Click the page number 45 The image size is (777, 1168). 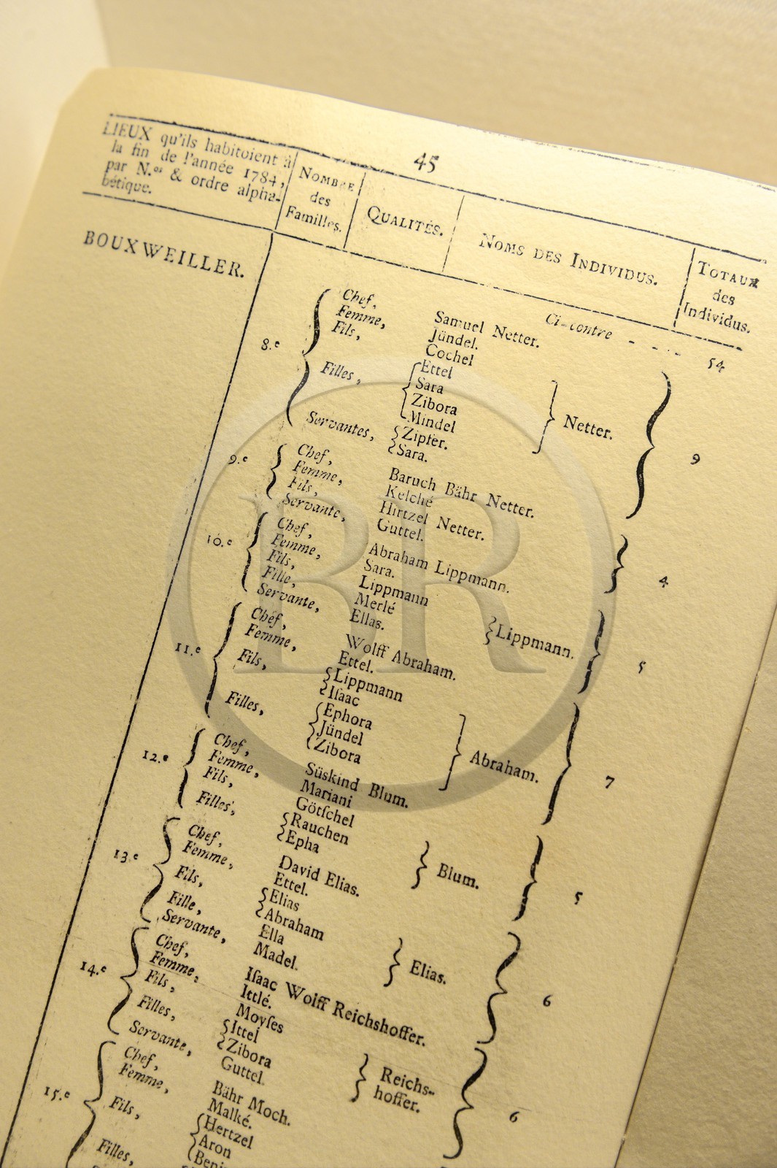[425, 162]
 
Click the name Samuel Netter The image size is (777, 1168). [487, 329]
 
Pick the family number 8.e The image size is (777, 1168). [269, 345]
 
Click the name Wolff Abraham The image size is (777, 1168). [400, 656]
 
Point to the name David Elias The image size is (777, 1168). [319, 875]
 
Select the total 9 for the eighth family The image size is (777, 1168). [695, 459]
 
